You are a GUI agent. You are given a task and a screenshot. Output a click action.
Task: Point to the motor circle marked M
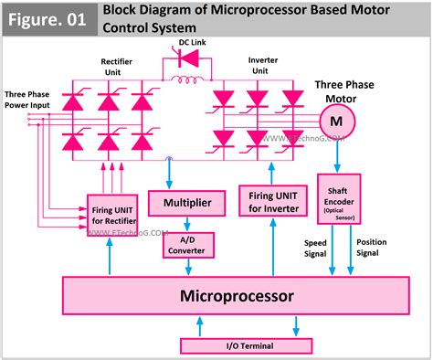335,118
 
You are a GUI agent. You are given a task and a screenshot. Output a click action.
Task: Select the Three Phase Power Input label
28,99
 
